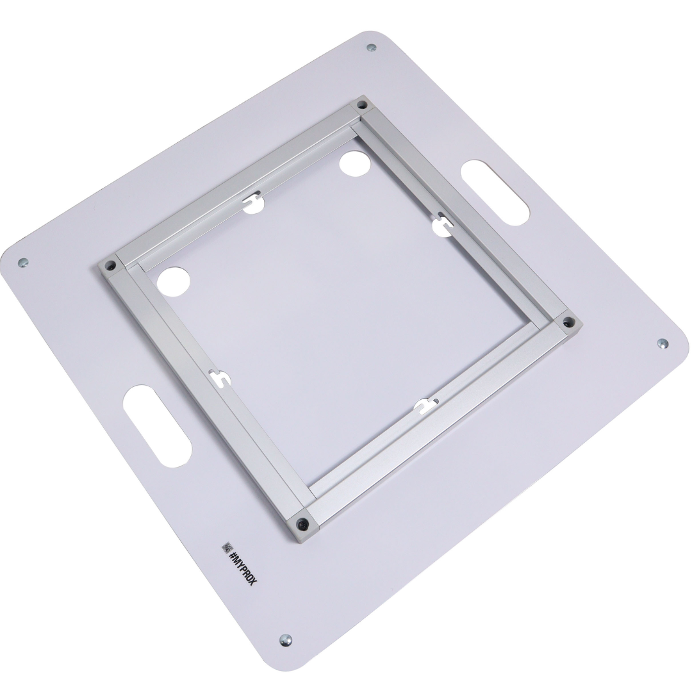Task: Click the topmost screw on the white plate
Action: (372, 47)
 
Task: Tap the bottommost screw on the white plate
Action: (286, 639)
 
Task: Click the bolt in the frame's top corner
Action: (362, 105)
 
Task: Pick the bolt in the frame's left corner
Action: (109, 266)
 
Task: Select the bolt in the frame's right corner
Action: (566, 322)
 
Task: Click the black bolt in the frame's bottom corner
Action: (302, 523)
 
